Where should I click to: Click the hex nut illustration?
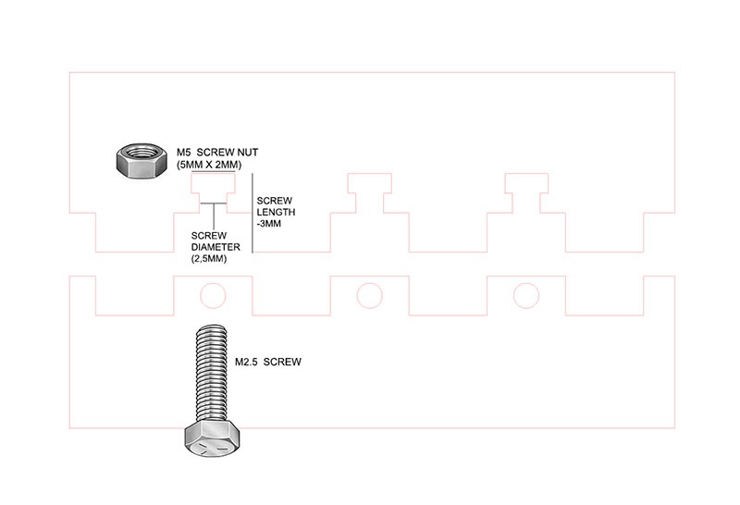(x=142, y=160)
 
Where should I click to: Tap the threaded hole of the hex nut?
(x=142, y=153)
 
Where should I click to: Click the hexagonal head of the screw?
(x=212, y=438)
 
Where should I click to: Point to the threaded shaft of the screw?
(x=212, y=373)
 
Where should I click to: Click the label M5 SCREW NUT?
(x=217, y=153)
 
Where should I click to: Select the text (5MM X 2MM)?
(x=209, y=165)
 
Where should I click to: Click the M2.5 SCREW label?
(x=268, y=362)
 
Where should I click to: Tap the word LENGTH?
(x=276, y=213)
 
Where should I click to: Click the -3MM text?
(x=269, y=224)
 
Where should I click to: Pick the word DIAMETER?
(x=216, y=247)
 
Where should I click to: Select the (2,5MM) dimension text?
(x=209, y=259)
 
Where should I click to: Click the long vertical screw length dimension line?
(x=253, y=213)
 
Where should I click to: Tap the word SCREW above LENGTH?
(x=274, y=201)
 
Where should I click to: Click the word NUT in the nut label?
(x=248, y=153)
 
